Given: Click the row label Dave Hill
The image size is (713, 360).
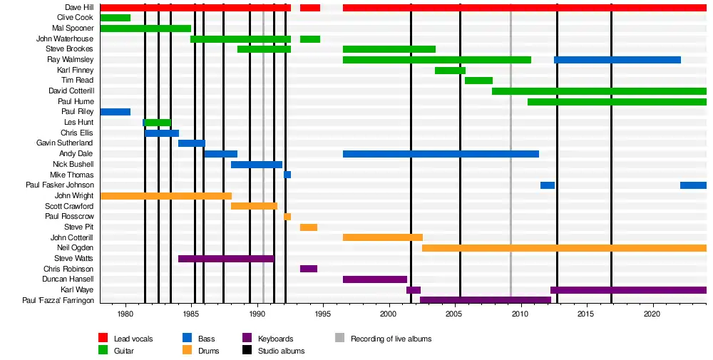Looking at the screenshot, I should coord(78,7).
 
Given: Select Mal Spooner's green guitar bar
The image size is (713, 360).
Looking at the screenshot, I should coord(145,29).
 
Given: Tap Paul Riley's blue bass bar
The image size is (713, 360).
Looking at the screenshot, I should coord(115,112).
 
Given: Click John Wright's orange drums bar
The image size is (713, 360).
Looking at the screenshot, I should coord(165,195).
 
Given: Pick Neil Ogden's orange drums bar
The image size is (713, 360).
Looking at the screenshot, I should coord(563,248).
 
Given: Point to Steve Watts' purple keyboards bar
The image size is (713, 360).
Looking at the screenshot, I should coord(225,258).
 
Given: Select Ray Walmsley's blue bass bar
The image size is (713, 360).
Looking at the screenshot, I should coord(617,60).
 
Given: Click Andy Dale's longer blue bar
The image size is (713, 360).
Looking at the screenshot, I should coord(441,154).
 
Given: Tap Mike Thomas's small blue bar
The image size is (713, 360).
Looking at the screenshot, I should coord(287,175).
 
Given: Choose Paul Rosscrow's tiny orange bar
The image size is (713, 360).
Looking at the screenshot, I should coord(287,217).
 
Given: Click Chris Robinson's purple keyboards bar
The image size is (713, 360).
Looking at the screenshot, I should coord(309,269).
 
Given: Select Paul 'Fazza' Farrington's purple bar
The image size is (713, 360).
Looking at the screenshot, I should coord(485,300).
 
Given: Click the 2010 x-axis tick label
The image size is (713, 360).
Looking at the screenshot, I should coord(520,314).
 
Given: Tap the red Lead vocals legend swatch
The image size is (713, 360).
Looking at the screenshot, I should coord(103,339).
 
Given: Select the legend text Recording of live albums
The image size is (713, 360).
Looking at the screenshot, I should coord(391,339).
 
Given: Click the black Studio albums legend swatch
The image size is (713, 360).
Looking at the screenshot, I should coord(247,351).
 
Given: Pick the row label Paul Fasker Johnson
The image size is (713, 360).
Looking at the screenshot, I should coord(59,185).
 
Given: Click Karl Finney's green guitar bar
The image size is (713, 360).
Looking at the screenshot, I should coord(450,71).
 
